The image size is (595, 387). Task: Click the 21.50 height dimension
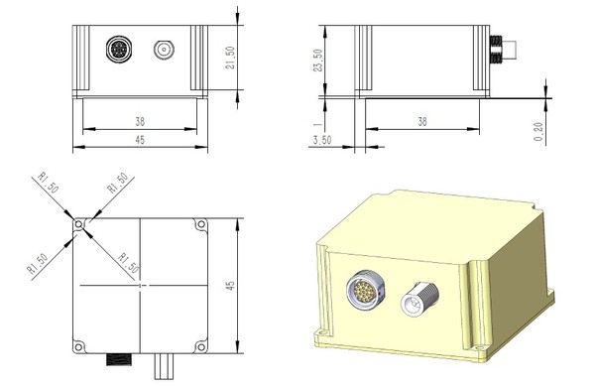click(230, 58)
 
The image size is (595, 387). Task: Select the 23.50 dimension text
click(318, 60)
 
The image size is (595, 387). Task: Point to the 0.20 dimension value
click(538, 131)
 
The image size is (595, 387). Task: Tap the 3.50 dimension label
click(322, 140)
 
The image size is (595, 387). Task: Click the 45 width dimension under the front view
click(140, 139)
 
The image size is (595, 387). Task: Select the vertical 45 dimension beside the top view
click(230, 286)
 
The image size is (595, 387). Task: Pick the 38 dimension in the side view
click(422, 121)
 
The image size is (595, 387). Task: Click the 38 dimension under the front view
click(140, 121)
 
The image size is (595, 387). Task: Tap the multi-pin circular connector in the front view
click(119, 50)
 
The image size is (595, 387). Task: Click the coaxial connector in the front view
click(164, 50)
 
